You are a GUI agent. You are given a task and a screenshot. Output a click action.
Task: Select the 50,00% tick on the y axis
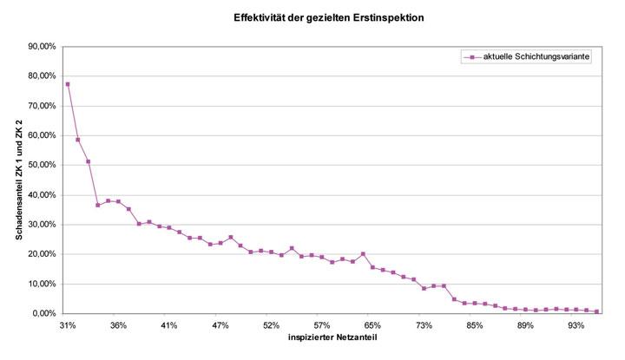tap(43, 165)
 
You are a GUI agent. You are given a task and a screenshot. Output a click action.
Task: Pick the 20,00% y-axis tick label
tap(43, 254)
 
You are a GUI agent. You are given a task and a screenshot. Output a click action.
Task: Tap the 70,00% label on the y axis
tap(43, 106)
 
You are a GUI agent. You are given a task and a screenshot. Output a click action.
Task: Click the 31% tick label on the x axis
tap(68, 325)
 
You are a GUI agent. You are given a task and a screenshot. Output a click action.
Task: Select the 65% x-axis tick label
tap(372, 325)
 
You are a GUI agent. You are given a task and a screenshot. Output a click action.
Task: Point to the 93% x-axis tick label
tap(576, 325)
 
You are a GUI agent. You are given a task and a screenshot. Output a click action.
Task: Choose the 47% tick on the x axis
tap(220, 325)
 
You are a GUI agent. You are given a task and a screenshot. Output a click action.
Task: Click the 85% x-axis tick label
tap(474, 325)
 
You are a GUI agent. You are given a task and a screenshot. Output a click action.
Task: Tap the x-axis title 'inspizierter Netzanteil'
tap(332, 337)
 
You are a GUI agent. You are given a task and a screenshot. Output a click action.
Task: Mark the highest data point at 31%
tap(68, 84)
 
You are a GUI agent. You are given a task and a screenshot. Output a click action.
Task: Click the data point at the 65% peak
tap(363, 254)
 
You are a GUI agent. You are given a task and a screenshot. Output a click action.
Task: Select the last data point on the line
tap(596, 311)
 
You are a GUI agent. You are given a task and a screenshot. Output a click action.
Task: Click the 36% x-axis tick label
tap(119, 325)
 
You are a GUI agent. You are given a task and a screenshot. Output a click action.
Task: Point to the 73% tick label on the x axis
tap(424, 325)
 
